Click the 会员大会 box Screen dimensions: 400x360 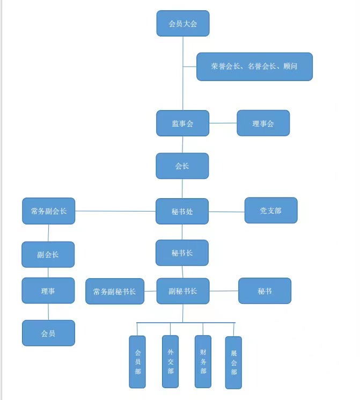182,24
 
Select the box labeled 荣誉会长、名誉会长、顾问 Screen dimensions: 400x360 254,67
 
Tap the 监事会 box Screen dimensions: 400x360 182,123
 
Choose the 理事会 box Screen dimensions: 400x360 263,123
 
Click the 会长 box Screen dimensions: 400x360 182,166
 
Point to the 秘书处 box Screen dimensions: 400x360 182,211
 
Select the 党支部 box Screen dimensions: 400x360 270,210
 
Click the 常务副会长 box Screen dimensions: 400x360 49,211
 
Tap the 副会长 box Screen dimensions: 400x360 48,254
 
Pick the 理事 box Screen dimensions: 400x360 48,291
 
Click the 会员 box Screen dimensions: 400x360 48,333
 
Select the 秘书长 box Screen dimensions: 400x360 182,253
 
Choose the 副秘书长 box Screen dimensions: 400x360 182,291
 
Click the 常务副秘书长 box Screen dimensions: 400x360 115,292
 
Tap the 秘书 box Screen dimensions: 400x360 265,291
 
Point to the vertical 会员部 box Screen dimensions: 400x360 137,361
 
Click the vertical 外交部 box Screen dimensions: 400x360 170,361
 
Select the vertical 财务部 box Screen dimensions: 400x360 203,361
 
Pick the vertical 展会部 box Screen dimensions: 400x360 233,362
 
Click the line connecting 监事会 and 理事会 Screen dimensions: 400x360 223,123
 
